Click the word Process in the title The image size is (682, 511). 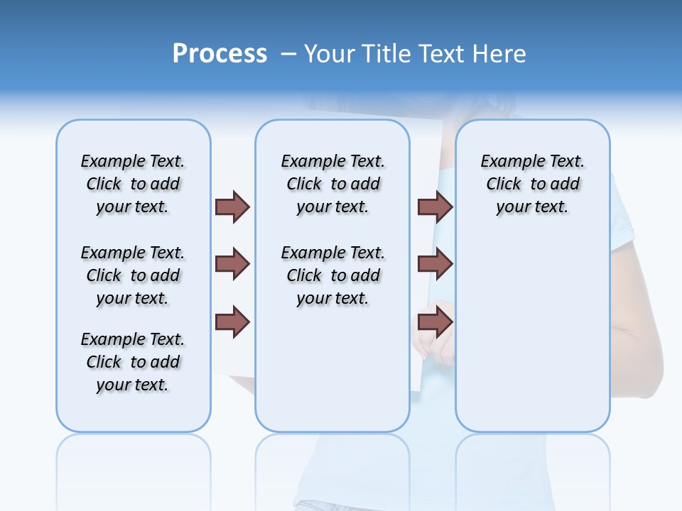tap(220, 54)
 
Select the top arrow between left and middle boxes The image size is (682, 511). tap(232, 207)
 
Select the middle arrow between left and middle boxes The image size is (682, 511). tap(232, 265)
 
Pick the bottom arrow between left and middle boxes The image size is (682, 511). tap(232, 322)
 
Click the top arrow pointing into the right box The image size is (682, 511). tap(435, 207)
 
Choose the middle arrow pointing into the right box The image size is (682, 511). tap(435, 265)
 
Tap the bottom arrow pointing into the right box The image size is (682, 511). tap(435, 322)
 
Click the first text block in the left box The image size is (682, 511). tap(133, 184)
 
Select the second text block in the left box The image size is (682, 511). tap(133, 275)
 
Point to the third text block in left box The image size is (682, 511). tap(133, 362)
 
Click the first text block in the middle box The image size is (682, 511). tap(332, 184)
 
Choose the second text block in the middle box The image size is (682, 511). tap(332, 275)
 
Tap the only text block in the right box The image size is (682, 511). tap(532, 184)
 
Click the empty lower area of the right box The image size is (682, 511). tap(532, 341)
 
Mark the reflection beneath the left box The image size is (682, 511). tap(133, 461)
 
